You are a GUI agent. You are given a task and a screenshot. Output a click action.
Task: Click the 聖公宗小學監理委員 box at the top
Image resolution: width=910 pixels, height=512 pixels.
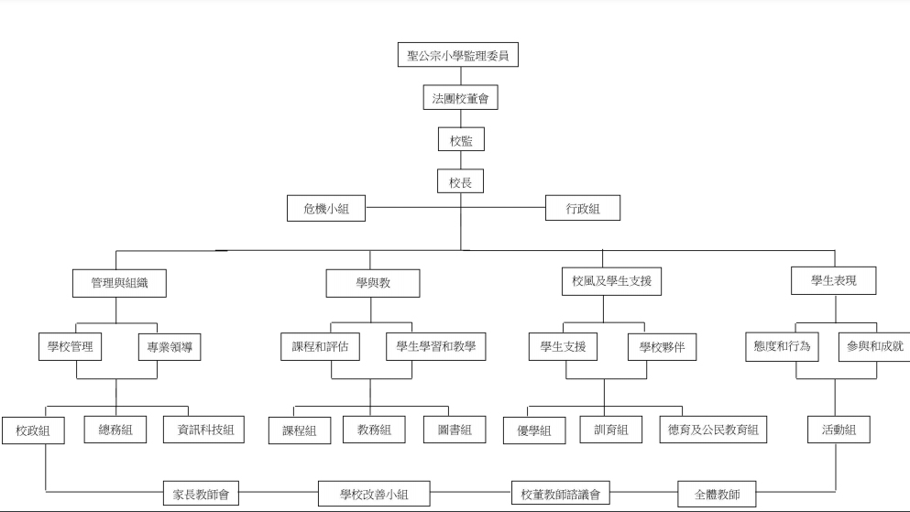pyautogui.click(x=458, y=55)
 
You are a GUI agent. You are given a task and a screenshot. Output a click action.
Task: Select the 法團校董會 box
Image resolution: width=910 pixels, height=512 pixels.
pyautogui.click(x=460, y=97)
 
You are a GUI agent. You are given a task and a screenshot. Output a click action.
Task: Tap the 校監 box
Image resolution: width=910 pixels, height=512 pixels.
pyautogui.click(x=461, y=140)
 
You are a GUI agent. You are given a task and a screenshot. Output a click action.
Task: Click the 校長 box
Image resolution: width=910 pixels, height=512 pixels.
pyautogui.click(x=460, y=181)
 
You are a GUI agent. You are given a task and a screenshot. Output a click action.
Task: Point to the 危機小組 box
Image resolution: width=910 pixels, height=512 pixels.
pyautogui.click(x=326, y=208)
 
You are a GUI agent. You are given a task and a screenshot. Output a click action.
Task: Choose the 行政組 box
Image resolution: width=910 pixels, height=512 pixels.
pyautogui.click(x=583, y=208)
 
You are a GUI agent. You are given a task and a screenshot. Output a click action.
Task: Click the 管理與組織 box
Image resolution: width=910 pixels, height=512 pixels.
pyautogui.click(x=119, y=283)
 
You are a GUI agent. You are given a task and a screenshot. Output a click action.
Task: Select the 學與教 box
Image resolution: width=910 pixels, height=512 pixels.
pyautogui.click(x=373, y=283)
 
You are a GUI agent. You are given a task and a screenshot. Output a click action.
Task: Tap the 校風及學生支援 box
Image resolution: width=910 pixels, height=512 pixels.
pyautogui.click(x=611, y=281)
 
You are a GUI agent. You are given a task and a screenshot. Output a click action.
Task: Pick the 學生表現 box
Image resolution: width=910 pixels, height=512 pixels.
pyautogui.click(x=833, y=280)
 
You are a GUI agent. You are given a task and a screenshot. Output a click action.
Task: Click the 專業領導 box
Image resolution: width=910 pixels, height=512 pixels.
pyautogui.click(x=170, y=347)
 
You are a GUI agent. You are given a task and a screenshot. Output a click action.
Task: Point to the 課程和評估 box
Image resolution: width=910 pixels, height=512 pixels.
pyautogui.click(x=321, y=347)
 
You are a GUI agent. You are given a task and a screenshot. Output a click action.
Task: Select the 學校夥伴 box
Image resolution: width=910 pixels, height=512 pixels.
pyautogui.click(x=663, y=347)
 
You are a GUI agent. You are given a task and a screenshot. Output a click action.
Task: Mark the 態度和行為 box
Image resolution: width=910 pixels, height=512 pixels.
pyautogui.click(x=783, y=347)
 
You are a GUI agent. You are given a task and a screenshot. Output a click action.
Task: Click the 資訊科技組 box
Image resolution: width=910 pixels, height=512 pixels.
pyautogui.click(x=203, y=430)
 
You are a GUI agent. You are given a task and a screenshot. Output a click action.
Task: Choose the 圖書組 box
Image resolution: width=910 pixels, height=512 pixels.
pyautogui.click(x=455, y=430)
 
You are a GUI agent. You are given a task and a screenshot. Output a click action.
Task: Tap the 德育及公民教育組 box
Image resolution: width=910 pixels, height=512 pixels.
pyautogui.click(x=713, y=430)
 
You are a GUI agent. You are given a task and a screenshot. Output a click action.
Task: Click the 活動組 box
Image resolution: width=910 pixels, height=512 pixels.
pyautogui.click(x=839, y=430)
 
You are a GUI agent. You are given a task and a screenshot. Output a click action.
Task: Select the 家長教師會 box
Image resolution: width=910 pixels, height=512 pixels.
pyautogui.click(x=201, y=494)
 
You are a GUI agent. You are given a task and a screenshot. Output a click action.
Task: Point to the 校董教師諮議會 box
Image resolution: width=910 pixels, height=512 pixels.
pyautogui.click(x=561, y=494)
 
